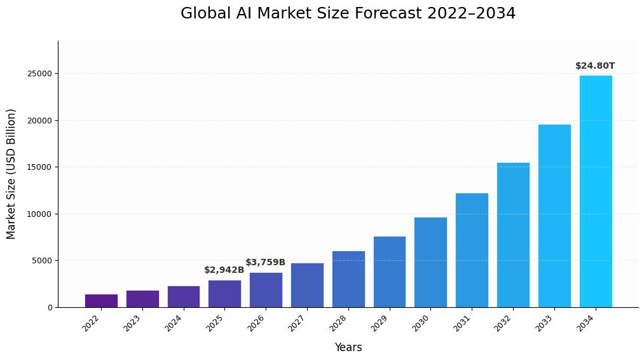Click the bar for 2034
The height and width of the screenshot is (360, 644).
[x=596, y=191]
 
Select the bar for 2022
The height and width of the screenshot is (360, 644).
[x=101, y=300]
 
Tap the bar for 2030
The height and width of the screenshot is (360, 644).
[x=430, y=262]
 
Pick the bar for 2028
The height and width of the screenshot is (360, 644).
[x=348, y=279]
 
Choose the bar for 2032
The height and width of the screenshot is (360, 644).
[x=513, y=235]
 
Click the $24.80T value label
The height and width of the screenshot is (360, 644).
[x=595, y=66]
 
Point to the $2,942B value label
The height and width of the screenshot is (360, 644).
[x=224, y=270]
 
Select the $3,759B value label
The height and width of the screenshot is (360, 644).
[x=265, y=263]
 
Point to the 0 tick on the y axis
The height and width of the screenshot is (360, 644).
[x=50, y=307]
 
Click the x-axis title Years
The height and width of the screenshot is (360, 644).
[x=348, y=348]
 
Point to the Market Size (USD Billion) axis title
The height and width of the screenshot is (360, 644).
[x=11, y=174]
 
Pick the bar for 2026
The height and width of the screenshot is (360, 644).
[x=266, y=289]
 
